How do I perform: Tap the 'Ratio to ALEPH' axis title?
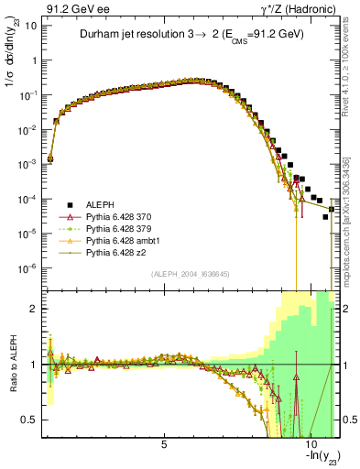coord(13,365)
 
